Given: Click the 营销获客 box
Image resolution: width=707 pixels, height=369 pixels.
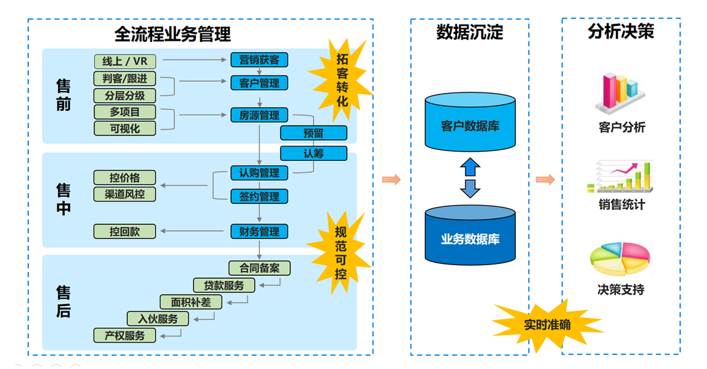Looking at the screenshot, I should click(259, 60).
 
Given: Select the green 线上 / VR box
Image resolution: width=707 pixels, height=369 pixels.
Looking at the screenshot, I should click(125, 62).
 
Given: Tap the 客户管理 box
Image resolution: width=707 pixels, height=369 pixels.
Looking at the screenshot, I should click(259, 83).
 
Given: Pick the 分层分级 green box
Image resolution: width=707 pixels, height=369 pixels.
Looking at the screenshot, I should click(125, 95).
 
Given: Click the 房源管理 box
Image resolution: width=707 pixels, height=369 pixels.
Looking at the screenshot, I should click(259, 115).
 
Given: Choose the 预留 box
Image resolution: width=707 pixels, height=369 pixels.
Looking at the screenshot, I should click(313, 133).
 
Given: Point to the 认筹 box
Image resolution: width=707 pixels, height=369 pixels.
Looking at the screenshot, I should click(313, 153).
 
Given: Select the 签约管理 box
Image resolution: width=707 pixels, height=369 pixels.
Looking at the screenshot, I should click(259, 196).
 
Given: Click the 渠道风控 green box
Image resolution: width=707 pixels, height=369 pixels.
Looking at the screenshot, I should click(125, 194).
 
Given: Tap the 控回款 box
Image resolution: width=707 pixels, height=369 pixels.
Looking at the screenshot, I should click(125, 231).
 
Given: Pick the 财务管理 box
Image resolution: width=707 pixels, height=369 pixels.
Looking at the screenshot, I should click(259, 231).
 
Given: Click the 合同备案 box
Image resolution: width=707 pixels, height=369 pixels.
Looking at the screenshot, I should click(259, 268).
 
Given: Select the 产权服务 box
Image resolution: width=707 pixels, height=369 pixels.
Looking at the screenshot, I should click(125, 335).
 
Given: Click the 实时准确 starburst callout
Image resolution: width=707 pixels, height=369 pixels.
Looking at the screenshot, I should click(546, 325).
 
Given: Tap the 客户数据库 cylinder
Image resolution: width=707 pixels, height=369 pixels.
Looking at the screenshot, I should click(470, 125).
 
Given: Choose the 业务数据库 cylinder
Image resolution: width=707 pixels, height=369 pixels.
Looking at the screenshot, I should click(470, 237).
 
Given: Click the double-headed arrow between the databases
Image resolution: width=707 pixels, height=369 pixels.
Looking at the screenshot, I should click(470, 178).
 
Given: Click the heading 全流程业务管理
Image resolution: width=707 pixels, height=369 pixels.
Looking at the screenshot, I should click(173, 34).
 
